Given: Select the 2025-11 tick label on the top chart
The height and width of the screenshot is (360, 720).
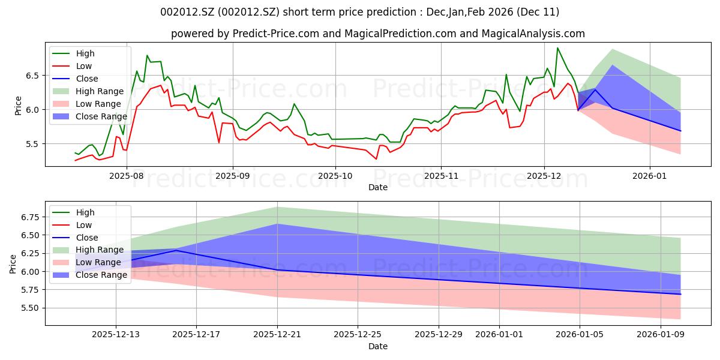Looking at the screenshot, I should [441, 176].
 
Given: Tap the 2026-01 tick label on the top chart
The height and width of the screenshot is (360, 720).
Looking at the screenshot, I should [650, 176].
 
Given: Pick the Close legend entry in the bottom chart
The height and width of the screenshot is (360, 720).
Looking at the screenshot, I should [87, 238].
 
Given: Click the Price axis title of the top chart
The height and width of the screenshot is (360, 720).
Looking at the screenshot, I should [18, 105].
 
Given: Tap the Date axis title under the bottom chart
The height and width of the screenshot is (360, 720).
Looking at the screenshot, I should [378, 346].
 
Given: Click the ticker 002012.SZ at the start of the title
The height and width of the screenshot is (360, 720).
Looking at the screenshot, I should [186, 12].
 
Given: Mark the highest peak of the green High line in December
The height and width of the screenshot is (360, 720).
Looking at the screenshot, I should [557, 48].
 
